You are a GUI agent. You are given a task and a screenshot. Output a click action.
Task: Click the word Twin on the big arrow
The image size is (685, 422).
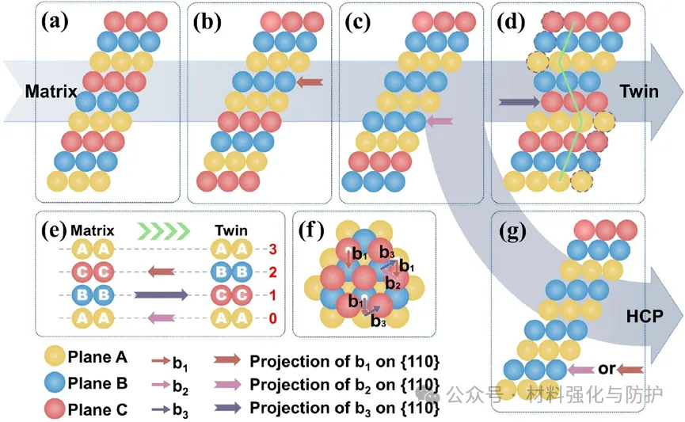(639, 92)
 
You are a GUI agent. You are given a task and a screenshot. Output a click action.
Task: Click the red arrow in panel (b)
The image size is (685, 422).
(311, 81)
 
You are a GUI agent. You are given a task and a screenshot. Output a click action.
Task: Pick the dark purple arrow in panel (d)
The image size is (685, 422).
(519, 101)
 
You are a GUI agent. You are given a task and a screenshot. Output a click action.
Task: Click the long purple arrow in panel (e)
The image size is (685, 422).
(161, 295)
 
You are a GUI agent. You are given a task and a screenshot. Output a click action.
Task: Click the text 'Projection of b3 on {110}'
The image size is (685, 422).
(344, 409)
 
